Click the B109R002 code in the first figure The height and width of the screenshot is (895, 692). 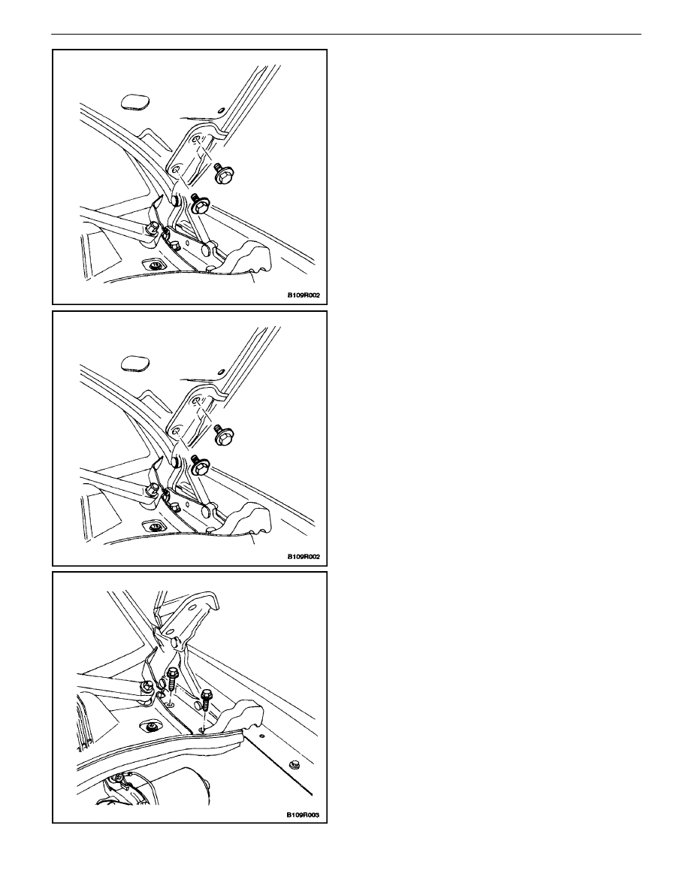coord(303,295)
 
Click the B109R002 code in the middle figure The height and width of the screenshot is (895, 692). coord(303,556)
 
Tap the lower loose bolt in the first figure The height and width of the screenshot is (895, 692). coord(201,204)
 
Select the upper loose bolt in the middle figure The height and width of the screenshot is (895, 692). coord(222,434)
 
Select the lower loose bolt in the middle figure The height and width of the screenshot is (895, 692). coord(201,464)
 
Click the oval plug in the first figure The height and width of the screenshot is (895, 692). coord(136,103)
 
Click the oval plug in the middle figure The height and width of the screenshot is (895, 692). coord(136,363)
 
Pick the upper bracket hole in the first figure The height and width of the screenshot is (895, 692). coord(196,139)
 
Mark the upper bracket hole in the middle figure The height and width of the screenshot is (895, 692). coord(196,400)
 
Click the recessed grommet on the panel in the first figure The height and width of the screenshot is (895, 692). coord(153,265)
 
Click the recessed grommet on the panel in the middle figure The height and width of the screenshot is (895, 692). coord(153,525)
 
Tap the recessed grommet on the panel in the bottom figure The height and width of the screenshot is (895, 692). coord(152,727)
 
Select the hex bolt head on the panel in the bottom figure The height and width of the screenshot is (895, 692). coord(295,764)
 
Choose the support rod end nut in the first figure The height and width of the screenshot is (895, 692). coord(153,229)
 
